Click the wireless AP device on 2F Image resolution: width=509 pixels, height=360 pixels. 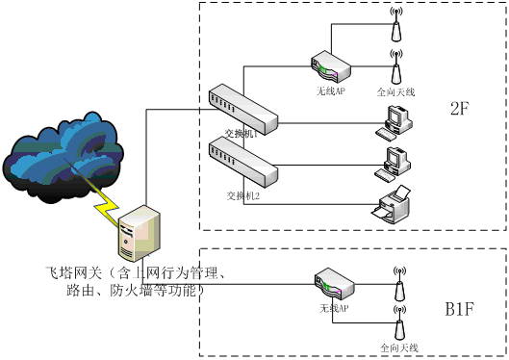click(x=327, y=65)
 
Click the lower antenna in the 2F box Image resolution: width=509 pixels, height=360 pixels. click(x=394, y=64)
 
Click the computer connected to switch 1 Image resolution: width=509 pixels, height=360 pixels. click(x=394, y=120)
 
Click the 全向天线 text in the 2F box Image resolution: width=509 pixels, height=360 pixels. click(x=394, y=91)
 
